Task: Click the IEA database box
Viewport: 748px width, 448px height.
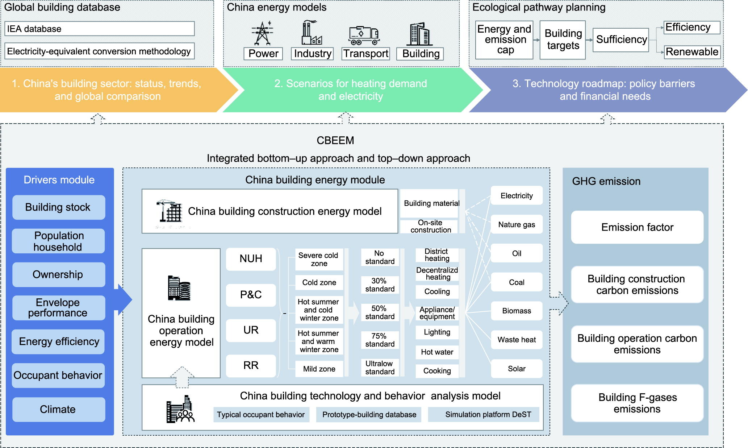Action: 99,29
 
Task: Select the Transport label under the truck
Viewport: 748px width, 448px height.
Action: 366,54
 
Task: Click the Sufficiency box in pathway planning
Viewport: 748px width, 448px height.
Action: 621,40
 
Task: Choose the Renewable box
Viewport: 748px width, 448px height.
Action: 691,52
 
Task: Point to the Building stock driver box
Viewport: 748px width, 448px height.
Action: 58,207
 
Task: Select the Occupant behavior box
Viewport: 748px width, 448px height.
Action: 58,375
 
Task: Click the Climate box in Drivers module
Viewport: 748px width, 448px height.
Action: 58,409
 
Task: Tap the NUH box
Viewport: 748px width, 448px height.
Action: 251,259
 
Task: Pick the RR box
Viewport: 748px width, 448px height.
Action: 251,365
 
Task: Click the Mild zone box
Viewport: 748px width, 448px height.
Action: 319,369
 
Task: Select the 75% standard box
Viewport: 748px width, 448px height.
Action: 380,340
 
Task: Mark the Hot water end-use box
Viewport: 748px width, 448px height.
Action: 437,352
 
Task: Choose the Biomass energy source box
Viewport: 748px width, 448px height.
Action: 517,311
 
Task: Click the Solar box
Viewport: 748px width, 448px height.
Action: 517,369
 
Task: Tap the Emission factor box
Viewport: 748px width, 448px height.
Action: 637,227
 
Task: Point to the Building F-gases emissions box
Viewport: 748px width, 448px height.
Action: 637,403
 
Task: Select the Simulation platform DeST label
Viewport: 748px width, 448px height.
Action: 488,415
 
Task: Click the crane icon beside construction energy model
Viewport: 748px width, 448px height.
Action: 169,211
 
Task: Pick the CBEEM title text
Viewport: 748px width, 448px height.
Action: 335,141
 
